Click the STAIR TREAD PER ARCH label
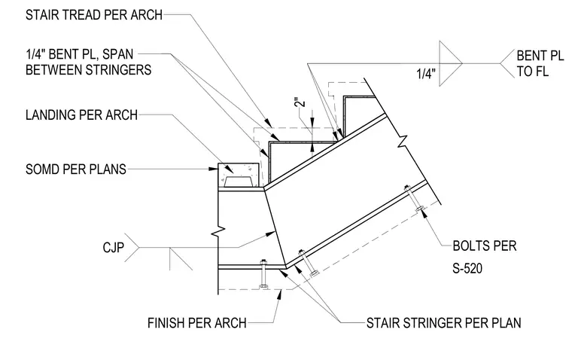click(x=94, y=15)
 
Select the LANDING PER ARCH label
click(x=82, y=115)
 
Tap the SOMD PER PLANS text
click(x=76, y=169)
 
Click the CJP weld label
click(x=114, y=248)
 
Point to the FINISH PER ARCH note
click(x=197, y=323)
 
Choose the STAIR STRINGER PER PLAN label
click(x=443, y=323)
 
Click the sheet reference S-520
click(x=467, y=269)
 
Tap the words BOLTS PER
click(x=485, y=246)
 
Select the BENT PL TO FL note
click(x=540, y=63)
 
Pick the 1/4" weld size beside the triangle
click(x=426, y=74)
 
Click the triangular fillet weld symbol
click(x=451, y=63)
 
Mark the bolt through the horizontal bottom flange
click(x=263, y=274)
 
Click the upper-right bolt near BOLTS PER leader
click(x=414, y=199)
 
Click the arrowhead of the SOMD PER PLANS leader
click(x=214, y=169)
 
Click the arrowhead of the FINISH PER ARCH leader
click(x=279, y=294)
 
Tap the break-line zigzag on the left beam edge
click(x=218, y=231)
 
